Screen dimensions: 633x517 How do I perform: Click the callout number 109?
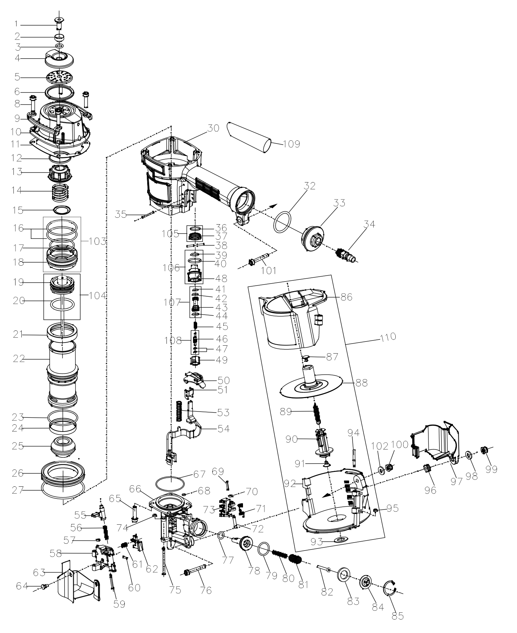[292, 144]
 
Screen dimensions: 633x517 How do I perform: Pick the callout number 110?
[388, 337]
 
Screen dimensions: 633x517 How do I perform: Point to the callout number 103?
[97, 241]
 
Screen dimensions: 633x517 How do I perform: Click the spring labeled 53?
[179, 411]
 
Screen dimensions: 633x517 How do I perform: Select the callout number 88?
[362, 383]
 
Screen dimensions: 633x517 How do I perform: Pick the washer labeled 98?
[469, 455]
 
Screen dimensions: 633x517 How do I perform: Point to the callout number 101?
[268, 270]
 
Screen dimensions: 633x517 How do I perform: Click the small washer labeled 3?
[59, 46]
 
